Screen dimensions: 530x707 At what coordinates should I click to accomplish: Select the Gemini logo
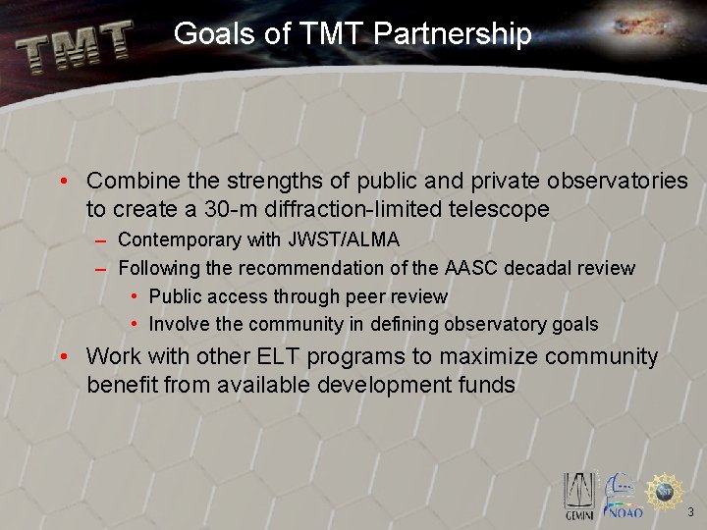(x=579, y=495)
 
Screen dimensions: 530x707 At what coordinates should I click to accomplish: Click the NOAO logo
(x=623, y=497)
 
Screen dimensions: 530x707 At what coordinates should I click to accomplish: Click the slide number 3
(x=690, y=511)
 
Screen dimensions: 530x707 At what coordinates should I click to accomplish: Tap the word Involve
(x=179, y=324)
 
